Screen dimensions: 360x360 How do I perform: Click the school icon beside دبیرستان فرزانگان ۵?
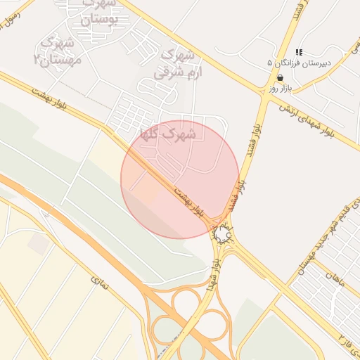click(x=299, y=52)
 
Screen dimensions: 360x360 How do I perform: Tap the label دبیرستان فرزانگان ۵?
click(x=296, y=63)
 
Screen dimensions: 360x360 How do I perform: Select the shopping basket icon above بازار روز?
click(x=280, y=78)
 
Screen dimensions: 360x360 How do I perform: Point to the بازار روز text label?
click(x=279, y=89)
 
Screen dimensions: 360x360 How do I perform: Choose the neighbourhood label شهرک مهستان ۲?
click(x=59, y=51)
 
